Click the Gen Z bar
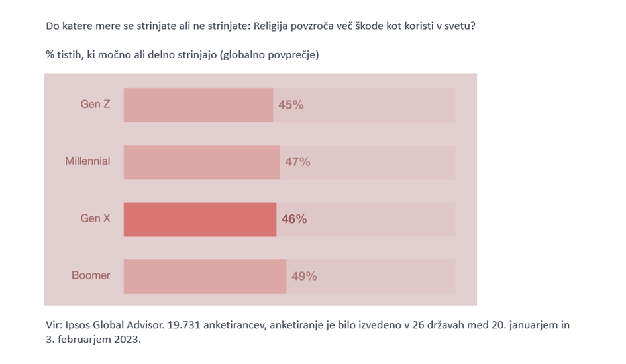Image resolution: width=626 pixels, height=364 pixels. (198, 105)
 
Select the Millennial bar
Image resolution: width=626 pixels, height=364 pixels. (201, 162)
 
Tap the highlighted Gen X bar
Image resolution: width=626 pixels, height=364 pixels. (199, 219)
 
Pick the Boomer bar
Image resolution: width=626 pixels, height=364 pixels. (205, 276)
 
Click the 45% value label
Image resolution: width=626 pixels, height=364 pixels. (291, 105)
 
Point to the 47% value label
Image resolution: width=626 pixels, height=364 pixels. (297, 162)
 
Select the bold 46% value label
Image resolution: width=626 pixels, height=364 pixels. (294, 219)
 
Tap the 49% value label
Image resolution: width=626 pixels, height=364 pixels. (304, 276)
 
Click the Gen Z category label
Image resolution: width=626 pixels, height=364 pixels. (95, 105)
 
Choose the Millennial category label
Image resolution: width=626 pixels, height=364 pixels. (87, 161)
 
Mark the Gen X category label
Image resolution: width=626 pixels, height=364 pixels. (95, 218)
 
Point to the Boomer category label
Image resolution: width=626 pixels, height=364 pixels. (91, 275)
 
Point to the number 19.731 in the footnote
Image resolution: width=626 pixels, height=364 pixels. (182, 326)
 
